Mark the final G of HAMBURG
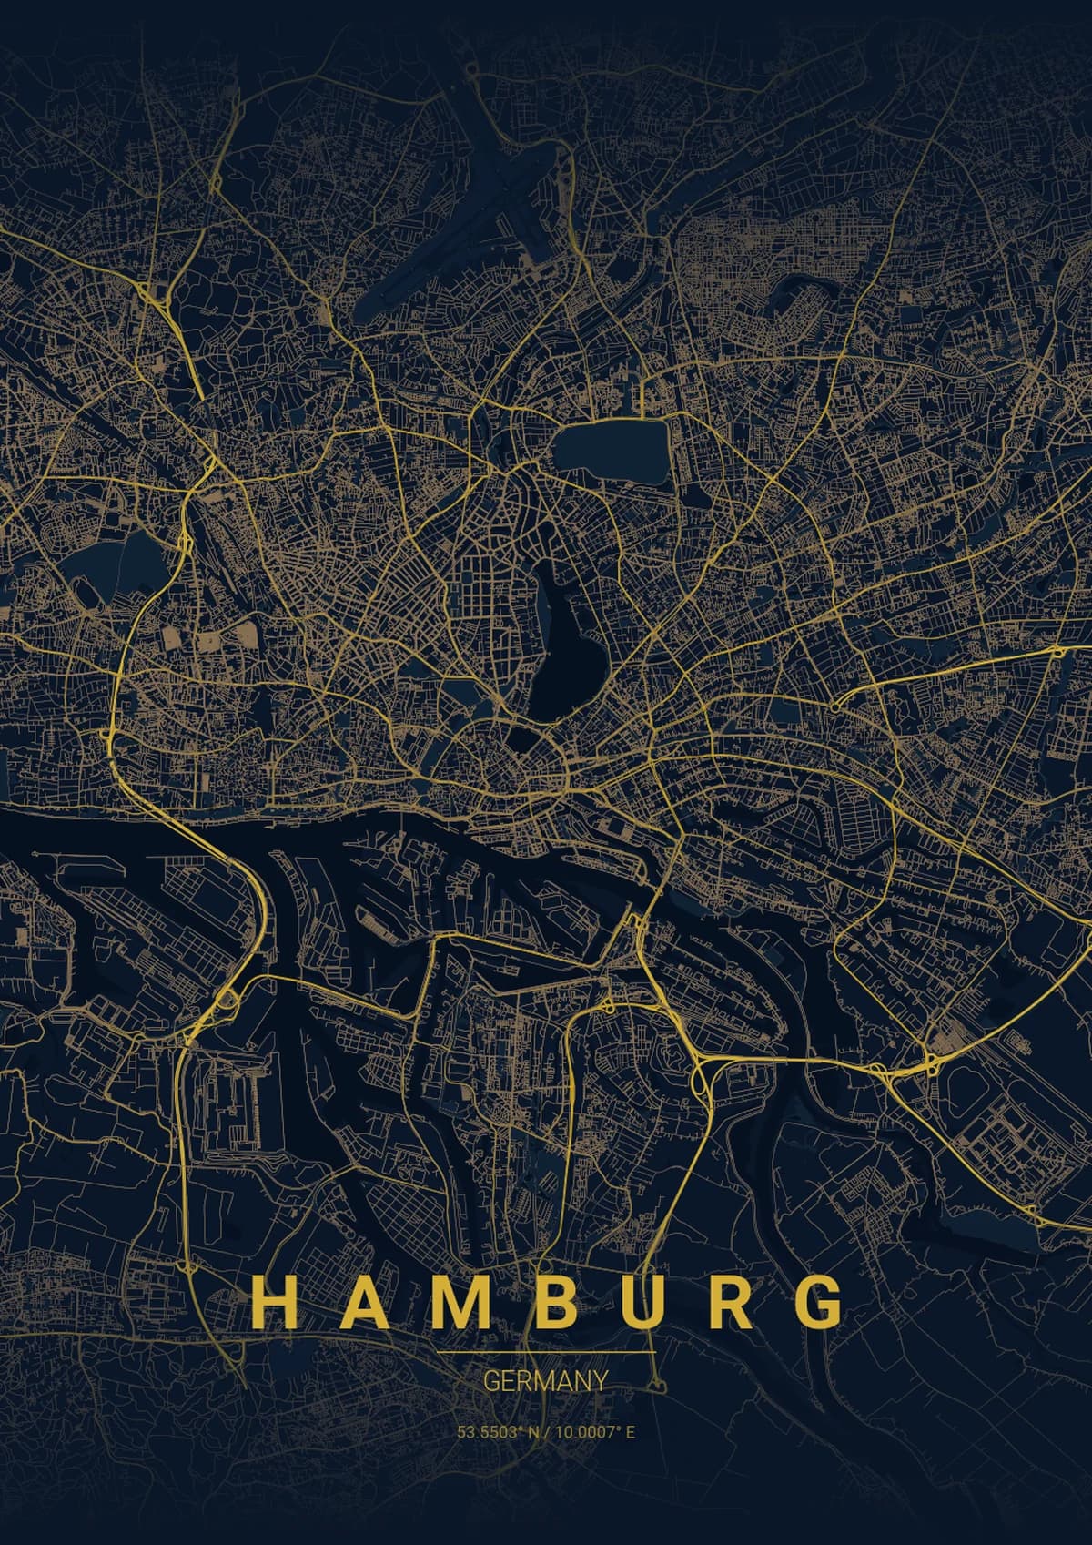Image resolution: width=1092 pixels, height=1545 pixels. (x=822, y=1303)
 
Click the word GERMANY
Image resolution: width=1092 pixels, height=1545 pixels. (x=545, y=1382)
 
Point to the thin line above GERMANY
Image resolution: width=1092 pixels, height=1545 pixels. (x=545, y=1353)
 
